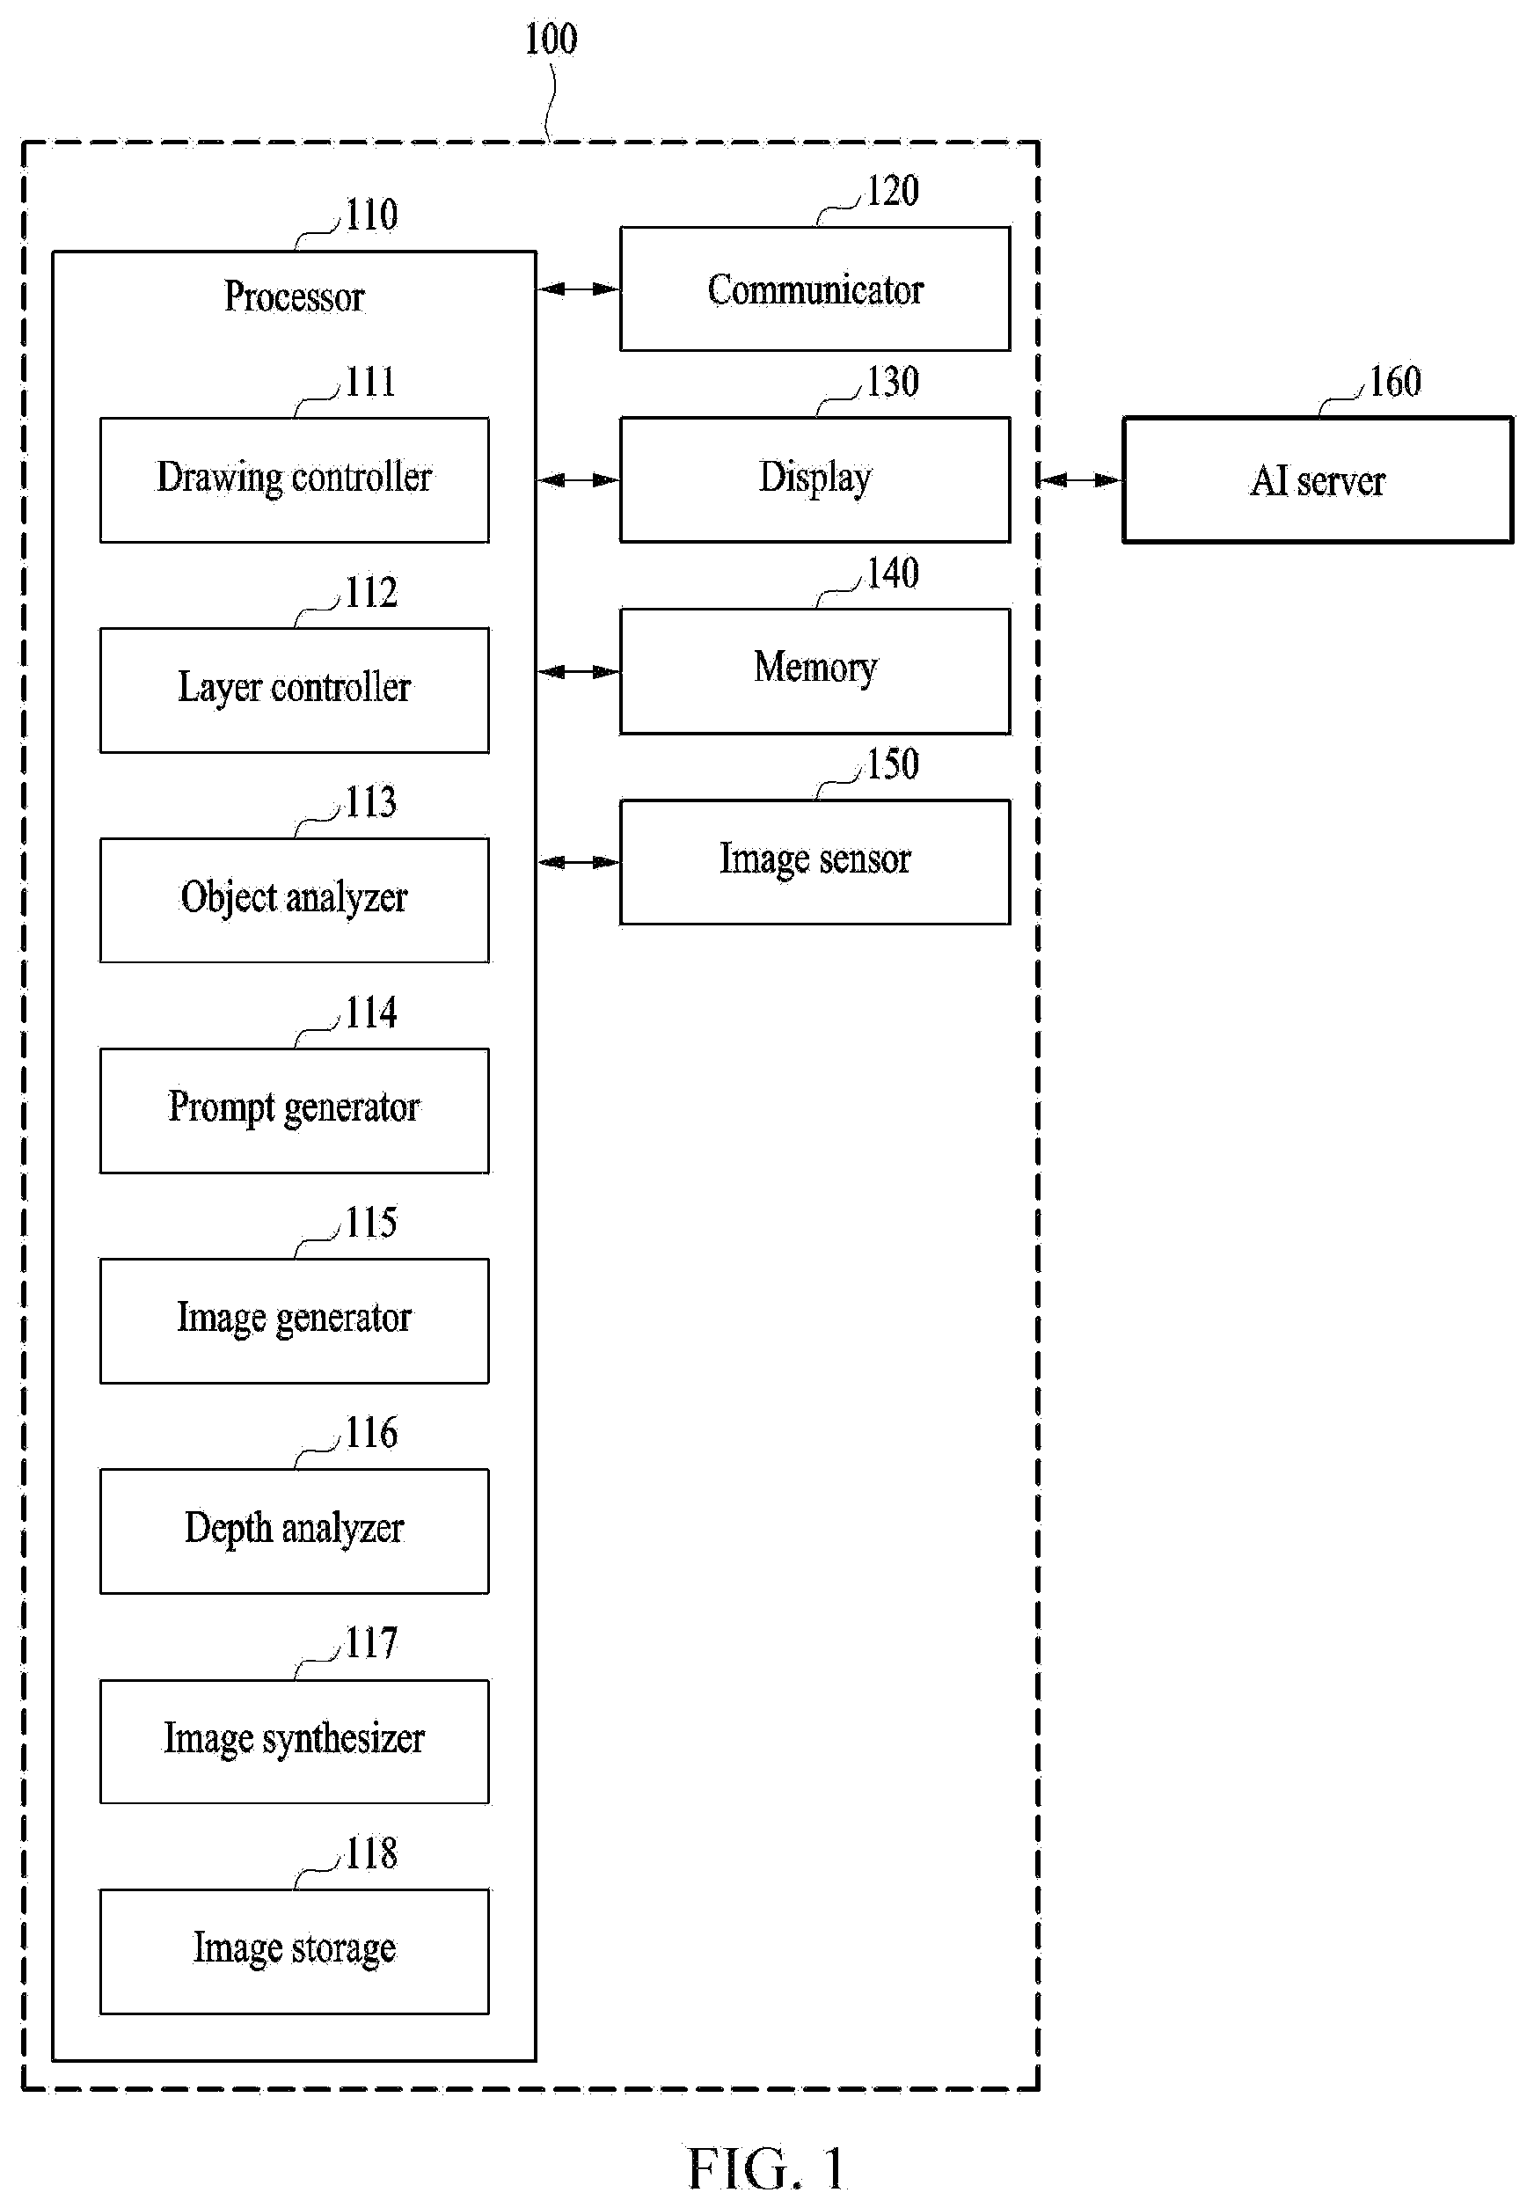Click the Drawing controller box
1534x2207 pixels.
click(x=294, y=479)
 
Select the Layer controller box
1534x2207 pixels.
click(x=294, y=691)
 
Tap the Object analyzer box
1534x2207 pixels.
click(x=294, y=900)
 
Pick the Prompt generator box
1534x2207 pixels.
click(x=294, y=1110)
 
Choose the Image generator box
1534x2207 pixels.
click(x=294, y=1320)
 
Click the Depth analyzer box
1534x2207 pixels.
click(x=294, y=1531)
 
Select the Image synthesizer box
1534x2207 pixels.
click(x=294, y=1742)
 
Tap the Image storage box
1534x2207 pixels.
click(x=294, y=1951)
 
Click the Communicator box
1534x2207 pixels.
click(x=815, y=289)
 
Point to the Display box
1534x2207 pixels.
click(x=815, y=479)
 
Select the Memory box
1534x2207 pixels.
click(x=815, y=671)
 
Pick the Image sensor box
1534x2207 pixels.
click(x=815, y=862)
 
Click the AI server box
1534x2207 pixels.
click(x=1318, y=479)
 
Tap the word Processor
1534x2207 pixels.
click(x=294, y=296)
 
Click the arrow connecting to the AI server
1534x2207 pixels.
click(x=1080, y=479)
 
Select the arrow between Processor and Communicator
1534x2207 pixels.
click(x=578, y=289)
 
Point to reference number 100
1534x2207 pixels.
click(x=551, y=40)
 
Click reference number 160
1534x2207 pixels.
click(x=1395, y=382)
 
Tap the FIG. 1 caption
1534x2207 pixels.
click(x=766, y=2168)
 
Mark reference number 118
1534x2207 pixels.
click(x=371, y=1853)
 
